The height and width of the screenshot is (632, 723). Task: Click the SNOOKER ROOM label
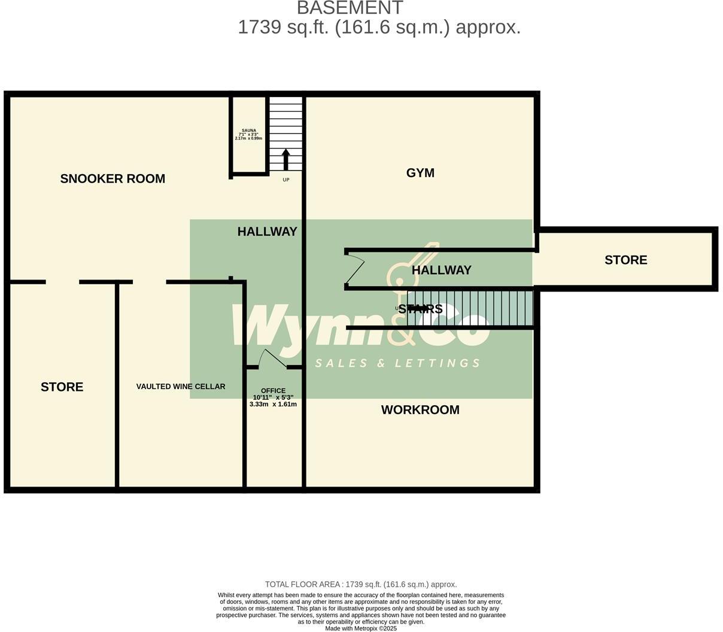pyautogui.click(x=113, y=178)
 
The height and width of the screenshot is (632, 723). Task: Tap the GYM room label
pyautogui.click(x=420, y=173)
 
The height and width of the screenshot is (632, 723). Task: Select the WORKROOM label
pyautogui.click(x=420, y=410)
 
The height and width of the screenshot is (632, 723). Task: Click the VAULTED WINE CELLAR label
pyautogui.click(x=181, y=387)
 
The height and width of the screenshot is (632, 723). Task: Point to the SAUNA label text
pyautogui.click(x=248, y=130)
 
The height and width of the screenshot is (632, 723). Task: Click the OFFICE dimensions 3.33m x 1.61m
pyautogui.click(x=273, y=405)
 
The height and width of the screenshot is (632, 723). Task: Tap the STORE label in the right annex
pyautogui.click(x=625, y=260)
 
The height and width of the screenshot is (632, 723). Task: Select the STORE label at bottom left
pyautogui.click(x=62, y=387)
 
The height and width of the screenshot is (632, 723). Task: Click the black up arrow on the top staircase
pyautogui.click(x=285, y=159)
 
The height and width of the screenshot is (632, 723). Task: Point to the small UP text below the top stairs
pyautogui.click(x=285, y=180)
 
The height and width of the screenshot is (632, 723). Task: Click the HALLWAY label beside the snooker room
pyautogui.click(x=267, y=232)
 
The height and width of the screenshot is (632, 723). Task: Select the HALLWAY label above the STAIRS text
pyautogui.click(x=441, y=271)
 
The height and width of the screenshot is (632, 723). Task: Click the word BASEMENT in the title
pyautogui.click(x=350, y=8)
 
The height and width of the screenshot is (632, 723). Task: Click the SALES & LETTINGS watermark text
pyautogui.click(x=397, y=363)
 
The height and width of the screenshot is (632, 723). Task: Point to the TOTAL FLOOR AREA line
pyautogui.click(x=361, y=584)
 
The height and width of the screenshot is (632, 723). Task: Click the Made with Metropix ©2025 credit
pyautogui.click(x=361, y=628)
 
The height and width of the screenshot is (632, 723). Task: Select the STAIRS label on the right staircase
pyautogui.click(x=420, y=309)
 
